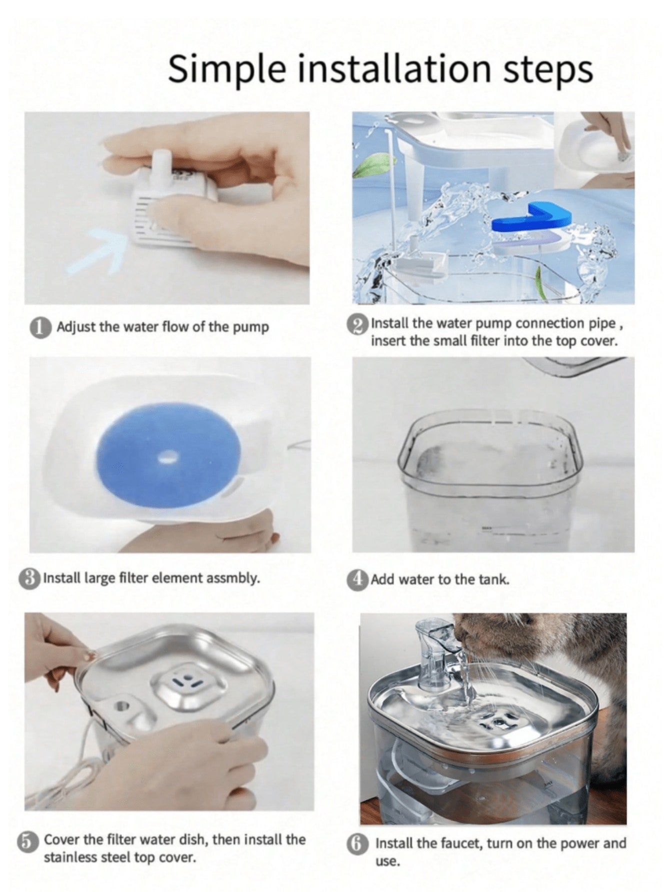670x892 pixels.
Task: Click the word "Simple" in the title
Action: pyautogui.click(x=227, y=69)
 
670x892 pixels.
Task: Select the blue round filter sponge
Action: pyautogui.click(x=168, y=457)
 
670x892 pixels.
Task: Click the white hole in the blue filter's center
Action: pyautogui.click(x=168, y=456)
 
